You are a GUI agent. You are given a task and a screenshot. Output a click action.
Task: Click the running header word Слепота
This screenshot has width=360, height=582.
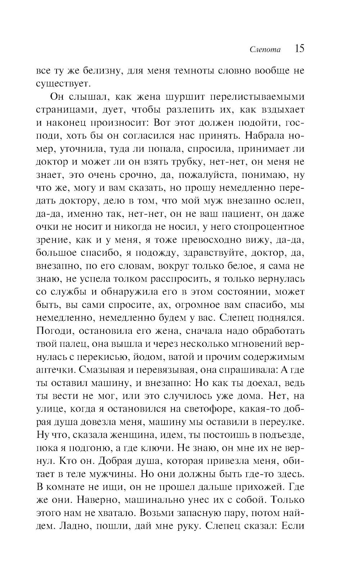click(265, 50)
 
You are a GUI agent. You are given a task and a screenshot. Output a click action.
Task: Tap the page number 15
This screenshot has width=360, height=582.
click(299, 49)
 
